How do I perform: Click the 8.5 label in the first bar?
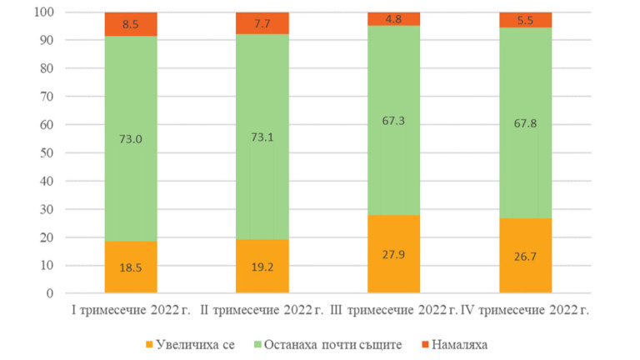(x=131, y=24)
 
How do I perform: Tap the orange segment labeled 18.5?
(x=131, y=267)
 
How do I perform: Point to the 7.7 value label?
(x=262, y=23)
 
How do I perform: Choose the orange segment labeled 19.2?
(x=262, y=267)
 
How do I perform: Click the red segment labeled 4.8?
(x=394, y=19)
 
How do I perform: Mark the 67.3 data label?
(x=394, y=119)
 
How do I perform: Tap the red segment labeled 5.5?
(x=526, y=20)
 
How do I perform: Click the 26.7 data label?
(x=526, y=256)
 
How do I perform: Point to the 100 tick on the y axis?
(x=42, y=12)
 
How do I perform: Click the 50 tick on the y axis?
(x=46, y=153)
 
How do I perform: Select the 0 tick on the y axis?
(x=49, y=293)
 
